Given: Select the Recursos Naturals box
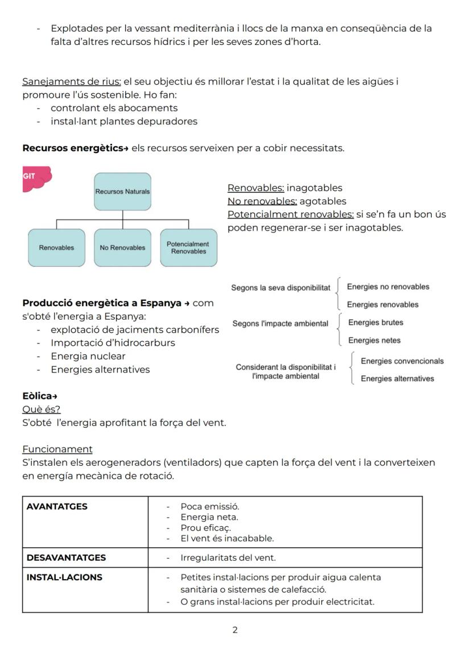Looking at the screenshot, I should [x=122, y=192].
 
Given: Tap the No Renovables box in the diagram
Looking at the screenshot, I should [x=122, y=247].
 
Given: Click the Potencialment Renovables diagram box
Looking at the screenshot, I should [x=188, y=247].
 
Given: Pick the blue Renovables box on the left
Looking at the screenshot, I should [x=56, y=247].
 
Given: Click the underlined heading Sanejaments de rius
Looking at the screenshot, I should [x=72, y=81].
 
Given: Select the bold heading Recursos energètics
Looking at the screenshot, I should [x=72, y=148].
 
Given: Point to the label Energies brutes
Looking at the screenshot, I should [x=375, y=323].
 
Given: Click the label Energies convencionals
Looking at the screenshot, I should [x=402, y=361].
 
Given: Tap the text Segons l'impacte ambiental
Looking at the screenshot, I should [x=280, y=324].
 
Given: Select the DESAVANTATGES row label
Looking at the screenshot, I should [x=66, y=557].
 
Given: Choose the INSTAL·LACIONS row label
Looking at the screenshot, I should [x=64, y=577].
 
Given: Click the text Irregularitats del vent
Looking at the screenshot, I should [x=228, y=558].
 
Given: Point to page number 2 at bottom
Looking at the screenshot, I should [x=235, y=630].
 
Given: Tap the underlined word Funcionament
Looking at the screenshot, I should [x=57, y=449].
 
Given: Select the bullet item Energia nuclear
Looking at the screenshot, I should [x=88, y=356].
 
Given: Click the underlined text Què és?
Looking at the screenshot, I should [x=41, y=409].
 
